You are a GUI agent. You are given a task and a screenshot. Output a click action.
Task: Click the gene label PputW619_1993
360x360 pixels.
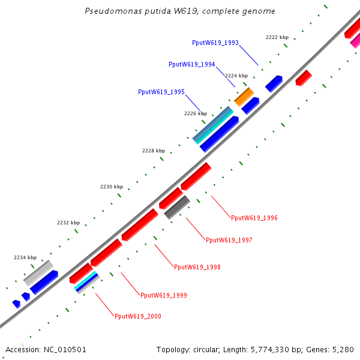[x=215, y=43]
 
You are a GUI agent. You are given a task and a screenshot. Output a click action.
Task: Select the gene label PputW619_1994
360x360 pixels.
[x=192, y=64]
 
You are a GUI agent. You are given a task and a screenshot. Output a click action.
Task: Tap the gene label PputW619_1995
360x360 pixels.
[x=161, y=92]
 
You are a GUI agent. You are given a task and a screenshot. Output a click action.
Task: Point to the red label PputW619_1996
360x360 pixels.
[x=254, y=218]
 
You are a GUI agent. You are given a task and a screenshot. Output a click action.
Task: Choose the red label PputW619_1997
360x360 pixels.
[x=229, y=240]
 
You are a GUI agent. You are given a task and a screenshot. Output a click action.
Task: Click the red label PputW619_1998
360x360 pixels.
[x=197, y=267]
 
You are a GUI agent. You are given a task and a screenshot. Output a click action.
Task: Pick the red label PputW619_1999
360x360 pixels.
[x=164, y=295]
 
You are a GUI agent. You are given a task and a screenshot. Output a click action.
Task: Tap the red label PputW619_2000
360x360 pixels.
[x=138, y=316]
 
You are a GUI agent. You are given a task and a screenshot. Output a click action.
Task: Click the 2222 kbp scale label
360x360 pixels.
[x=277, y=37]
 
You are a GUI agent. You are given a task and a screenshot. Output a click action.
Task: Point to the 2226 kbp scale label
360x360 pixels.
[x=196, y=113]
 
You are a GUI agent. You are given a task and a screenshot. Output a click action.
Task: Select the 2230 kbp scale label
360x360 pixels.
[x=111, y=187]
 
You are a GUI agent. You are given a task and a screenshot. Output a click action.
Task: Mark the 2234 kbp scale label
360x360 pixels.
[x=25, y=257]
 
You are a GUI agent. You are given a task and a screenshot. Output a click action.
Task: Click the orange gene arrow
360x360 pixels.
[x=244, y=96]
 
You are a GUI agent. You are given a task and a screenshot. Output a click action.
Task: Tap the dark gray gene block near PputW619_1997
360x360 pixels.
[x=177, y=207]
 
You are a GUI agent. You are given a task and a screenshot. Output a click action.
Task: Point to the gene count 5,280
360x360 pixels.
[x=343, y=349]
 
